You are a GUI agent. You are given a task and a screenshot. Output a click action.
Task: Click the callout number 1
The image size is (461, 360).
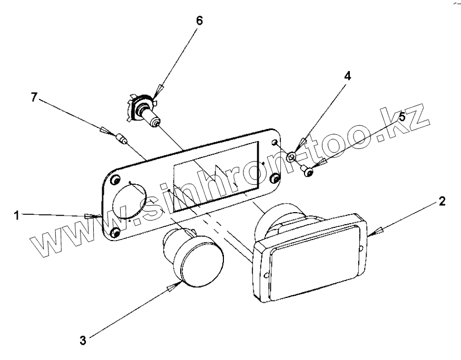pyautogui.click(x=17, y=215)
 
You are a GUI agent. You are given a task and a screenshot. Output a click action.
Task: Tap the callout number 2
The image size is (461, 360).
pyautogui.click(x=443, y=202)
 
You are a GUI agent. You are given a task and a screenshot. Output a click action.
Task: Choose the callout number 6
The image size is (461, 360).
pyautogui.click(x=199, y=21)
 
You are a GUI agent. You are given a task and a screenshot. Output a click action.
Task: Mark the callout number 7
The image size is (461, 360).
pyautogui.click(x=34, y=98)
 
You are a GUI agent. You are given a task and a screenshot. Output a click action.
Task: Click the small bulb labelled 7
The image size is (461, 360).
pyautogui.click(x=121, y=139)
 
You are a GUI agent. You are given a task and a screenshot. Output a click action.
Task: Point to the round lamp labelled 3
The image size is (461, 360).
pyautogui.click(x=198, y=258)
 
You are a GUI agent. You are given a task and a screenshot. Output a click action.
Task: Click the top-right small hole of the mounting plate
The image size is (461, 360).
pyautogui.click(x=274, y=143)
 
